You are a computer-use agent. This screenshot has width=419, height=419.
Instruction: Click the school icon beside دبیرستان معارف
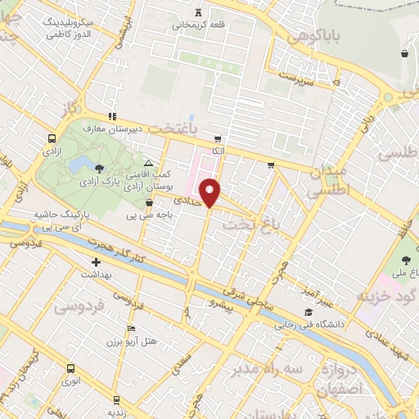point(112,116)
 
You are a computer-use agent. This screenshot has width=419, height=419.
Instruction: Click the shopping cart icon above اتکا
point(217,139)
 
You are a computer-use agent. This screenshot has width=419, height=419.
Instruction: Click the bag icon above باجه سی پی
point(148,203)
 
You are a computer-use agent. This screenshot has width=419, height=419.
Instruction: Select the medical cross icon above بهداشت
point(97,264)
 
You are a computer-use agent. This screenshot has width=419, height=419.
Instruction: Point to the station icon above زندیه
point(117,400)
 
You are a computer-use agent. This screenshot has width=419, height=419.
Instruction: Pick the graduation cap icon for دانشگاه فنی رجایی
point(309,313)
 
